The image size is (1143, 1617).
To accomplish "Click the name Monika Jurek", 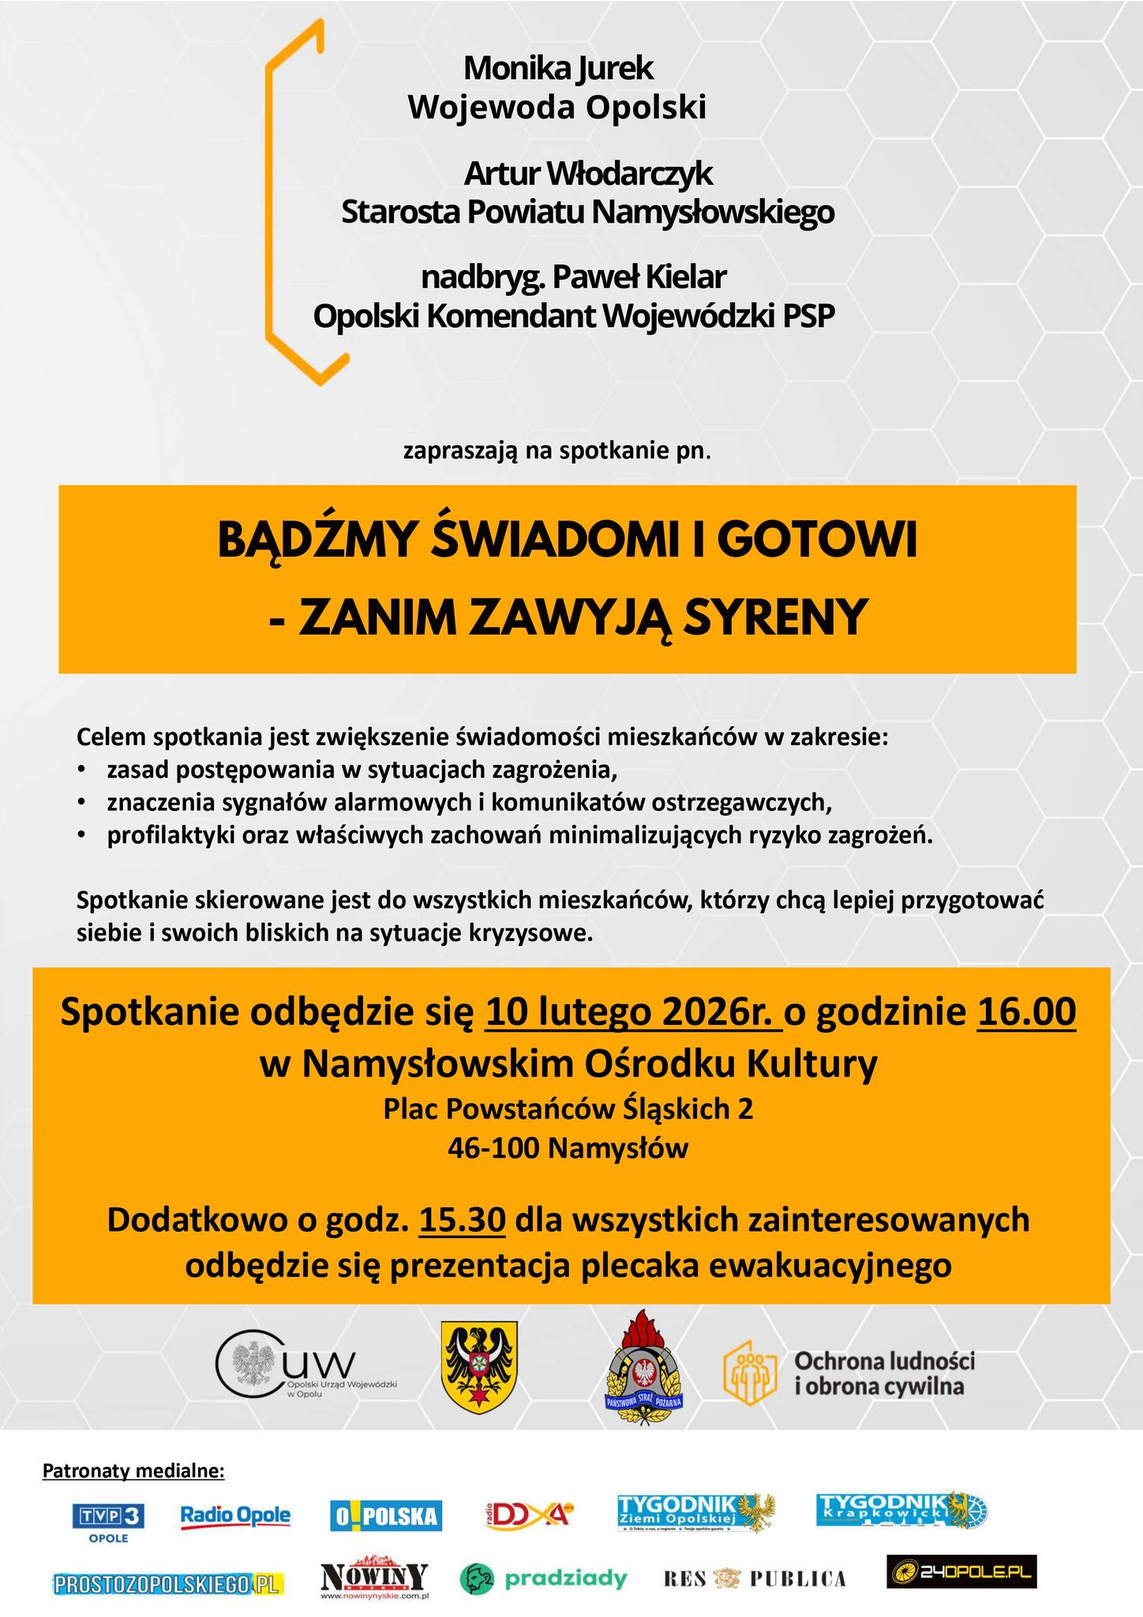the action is coord(558,69).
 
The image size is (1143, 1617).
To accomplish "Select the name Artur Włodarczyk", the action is coord(588,174).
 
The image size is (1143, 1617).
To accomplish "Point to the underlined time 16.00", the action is coord(1026,1012).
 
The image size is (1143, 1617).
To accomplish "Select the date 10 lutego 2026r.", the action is coord(634,1012).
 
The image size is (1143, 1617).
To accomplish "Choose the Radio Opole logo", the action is coord(235,1516).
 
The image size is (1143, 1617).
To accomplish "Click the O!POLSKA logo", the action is coord(386,1516).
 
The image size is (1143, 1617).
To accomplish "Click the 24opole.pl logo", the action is coord(961,1571).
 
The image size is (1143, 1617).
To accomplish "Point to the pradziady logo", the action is coord(543,1578).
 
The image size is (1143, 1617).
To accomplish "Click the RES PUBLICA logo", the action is coord(754,1578).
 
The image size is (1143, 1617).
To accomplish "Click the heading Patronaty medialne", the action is coord(133,1471).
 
